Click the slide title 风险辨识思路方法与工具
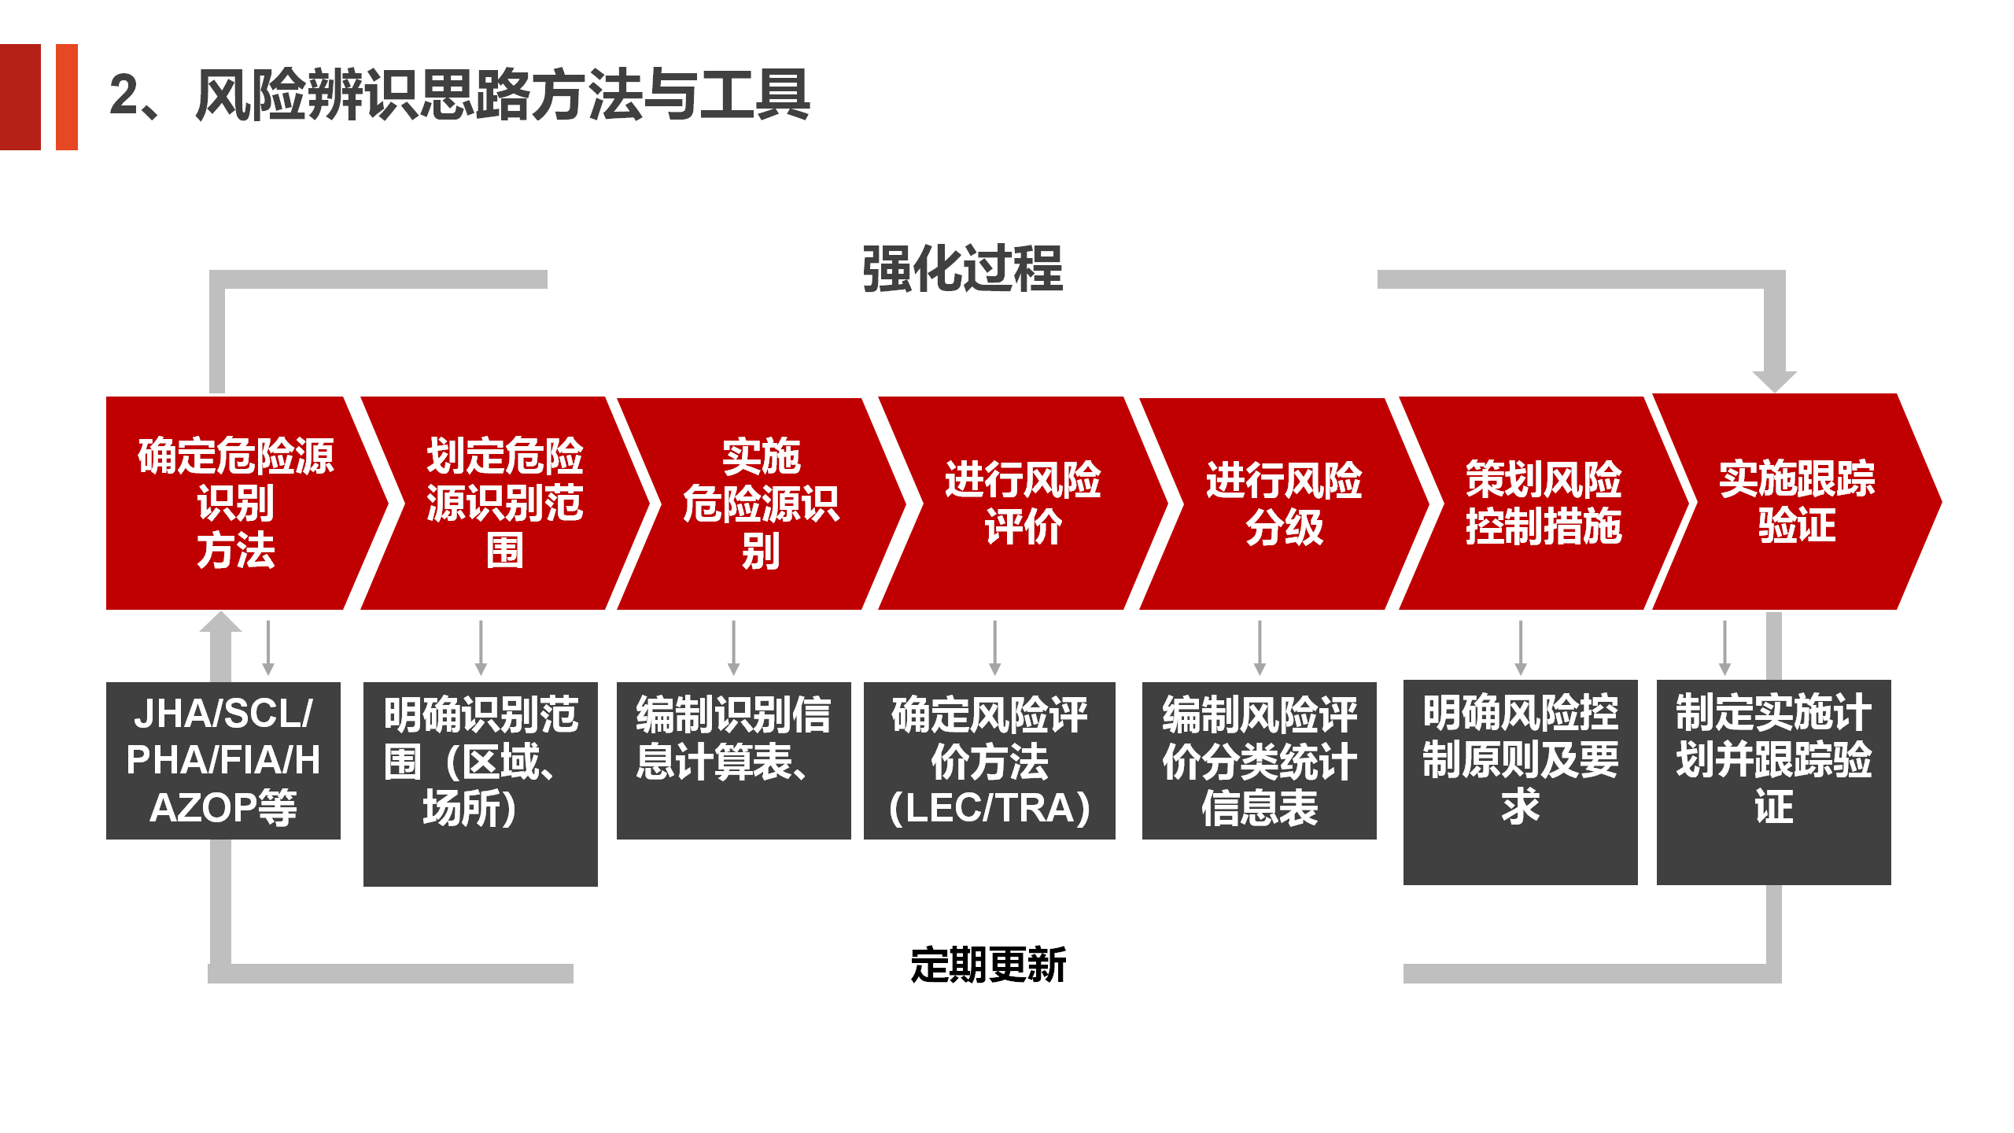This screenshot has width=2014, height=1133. click(503, 95)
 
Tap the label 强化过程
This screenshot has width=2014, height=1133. click(962, 269)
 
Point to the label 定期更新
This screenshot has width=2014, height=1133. click(988, 965)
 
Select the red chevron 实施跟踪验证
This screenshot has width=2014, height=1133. click(1797, 501)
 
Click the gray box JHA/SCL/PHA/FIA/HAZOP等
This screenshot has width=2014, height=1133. click(223, 760)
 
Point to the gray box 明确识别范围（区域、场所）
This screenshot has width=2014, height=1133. click(481, 784)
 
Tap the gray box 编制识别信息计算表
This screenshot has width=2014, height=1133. click(734, 760)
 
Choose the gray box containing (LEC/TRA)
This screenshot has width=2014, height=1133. click(990, 760)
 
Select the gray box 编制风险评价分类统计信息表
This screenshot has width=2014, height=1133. click(1260, 760)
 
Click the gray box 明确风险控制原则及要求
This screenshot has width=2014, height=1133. click(1521, 782)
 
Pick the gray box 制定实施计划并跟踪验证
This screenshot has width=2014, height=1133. click(1774, 782)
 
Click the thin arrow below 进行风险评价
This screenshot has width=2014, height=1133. click(995, 648)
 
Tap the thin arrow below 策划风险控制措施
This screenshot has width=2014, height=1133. click(1521, 648)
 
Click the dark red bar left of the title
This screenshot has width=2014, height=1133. click(20, 97)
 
